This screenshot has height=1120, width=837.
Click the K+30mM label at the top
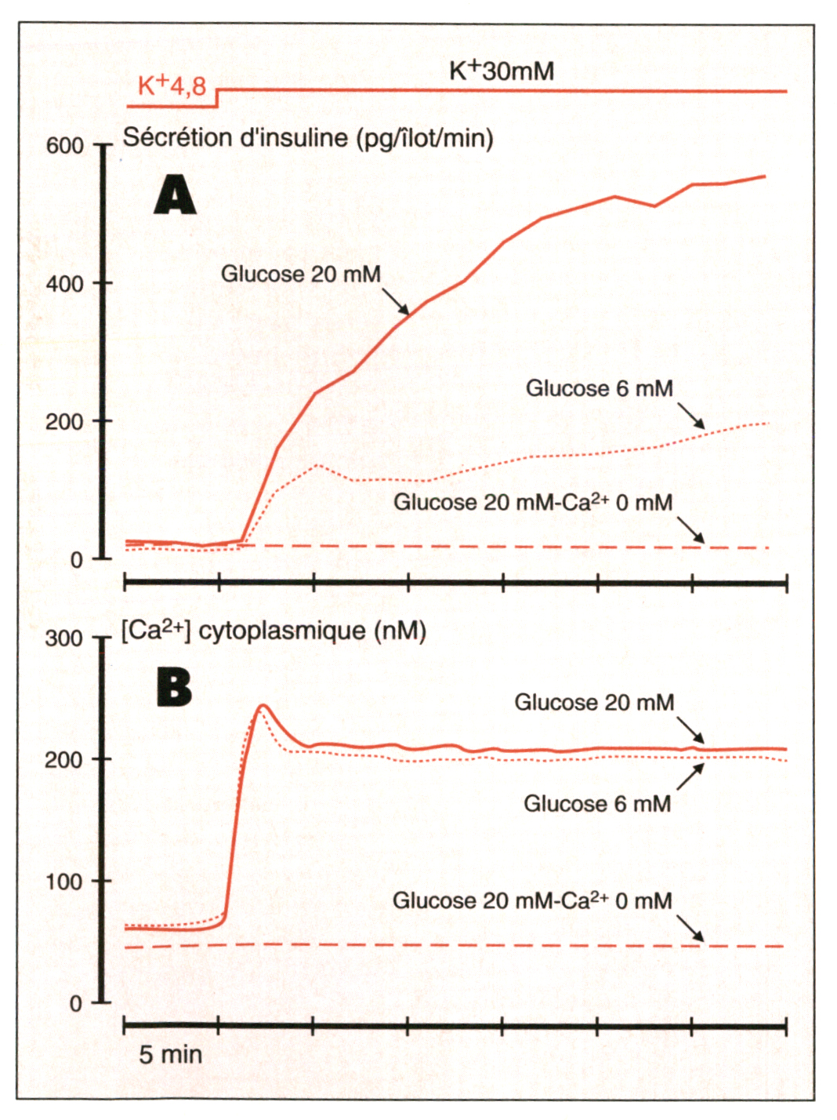coord(502,71)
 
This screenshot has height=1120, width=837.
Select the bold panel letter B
coord(174,687)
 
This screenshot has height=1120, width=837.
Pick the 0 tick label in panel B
coord(75,1004)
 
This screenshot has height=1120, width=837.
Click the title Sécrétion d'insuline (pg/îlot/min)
coord(308,138)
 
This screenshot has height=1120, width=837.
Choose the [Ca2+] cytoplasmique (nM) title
coord(274,631)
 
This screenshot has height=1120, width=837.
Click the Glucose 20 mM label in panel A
coord(300,274)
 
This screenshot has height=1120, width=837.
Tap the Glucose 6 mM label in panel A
coord(599,388)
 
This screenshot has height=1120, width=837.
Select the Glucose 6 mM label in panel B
coord(597,803)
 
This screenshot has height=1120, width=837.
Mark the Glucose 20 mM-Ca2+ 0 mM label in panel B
coord(532,900)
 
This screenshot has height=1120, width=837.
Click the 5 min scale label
coord(170,1055)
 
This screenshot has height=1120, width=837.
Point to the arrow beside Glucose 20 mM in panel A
coord(396,301)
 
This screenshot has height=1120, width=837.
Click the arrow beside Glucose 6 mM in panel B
coord(690,776)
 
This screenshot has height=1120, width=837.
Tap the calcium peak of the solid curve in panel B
coord(263,706)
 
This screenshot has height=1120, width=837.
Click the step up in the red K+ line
coord(217,98)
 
